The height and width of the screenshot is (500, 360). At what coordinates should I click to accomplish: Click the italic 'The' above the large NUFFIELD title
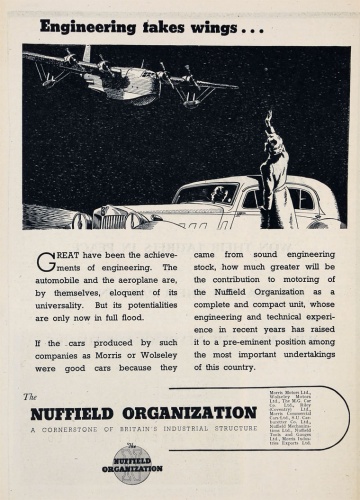31,397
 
